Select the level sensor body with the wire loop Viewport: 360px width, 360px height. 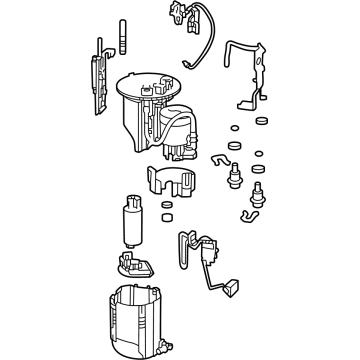190,246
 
